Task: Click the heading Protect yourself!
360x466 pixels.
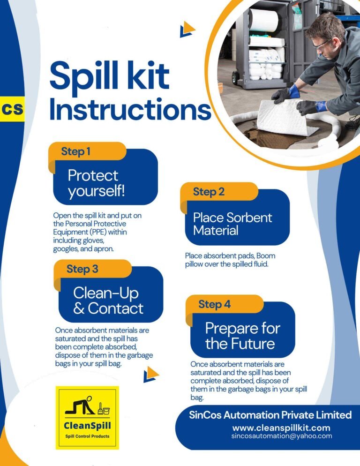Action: [x=96, y=183]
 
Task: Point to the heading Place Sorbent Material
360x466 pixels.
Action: [x=232, y=224]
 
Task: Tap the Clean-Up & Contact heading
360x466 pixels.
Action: [x=108, y=301]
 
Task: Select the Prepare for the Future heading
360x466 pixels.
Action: [x=242, y=336]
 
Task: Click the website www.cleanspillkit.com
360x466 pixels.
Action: [x=281, y=428]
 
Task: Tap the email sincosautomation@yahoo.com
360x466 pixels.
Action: [x=282, y=436]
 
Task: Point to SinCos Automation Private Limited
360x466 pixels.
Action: [x=270, y=415]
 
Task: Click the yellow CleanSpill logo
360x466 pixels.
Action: [x=87, y=418]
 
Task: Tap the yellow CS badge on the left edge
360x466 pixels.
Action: [x=12, y=109]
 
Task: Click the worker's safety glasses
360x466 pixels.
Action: [x=322, y=45]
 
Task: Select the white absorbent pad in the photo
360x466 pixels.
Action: [x=287, y=117]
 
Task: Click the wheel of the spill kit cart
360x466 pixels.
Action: [x=235, y=77]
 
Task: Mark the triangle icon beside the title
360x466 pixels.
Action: [x=187, y=29]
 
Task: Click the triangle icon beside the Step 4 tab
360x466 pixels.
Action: [x=151, y=374]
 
